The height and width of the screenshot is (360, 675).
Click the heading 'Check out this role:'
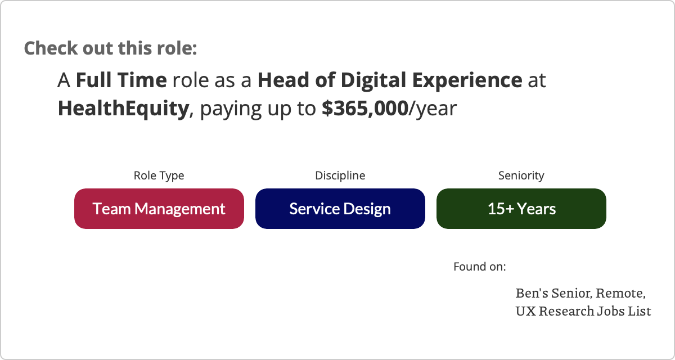point(110,48)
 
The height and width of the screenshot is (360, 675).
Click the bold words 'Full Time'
point(121,80)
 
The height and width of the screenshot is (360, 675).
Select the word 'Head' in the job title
point(283,80)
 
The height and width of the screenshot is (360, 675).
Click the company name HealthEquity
point(123,109)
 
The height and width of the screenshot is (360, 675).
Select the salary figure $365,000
point(365,109)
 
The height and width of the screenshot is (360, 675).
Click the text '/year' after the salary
point(433,109)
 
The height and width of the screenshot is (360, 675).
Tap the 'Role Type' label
point(159,175)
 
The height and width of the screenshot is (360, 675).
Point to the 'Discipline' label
point(340,175)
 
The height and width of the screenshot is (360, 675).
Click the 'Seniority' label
point(521,175)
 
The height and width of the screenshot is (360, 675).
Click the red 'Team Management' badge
point(159,209)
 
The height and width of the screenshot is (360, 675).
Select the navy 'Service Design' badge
point(340,209)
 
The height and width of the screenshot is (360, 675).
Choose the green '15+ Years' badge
point(521,209)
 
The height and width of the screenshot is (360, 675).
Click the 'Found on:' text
point(480,267)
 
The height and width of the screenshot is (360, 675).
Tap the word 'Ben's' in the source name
point(532,293)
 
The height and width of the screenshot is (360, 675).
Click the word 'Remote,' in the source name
point(620,294)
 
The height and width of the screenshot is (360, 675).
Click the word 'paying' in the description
point(231,109)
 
